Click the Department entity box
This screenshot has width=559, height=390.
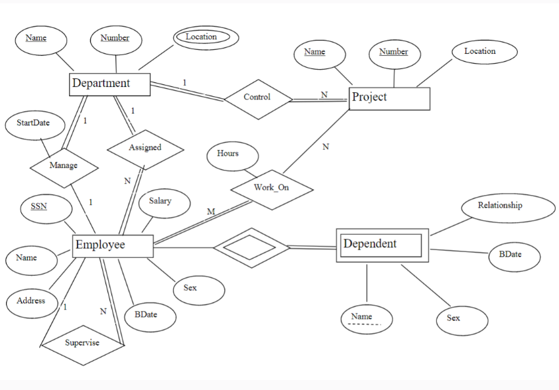pos(110,84)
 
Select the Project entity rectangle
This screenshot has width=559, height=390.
pos(389,98)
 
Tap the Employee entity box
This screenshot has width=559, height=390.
pos(112,245)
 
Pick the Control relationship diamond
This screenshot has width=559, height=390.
pos(257,97)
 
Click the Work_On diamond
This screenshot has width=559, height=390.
pos(272,188)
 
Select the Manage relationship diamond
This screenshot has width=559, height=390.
pos(64,166)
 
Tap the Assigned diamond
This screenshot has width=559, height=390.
pos(145,148)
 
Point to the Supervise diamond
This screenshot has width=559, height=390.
pos(82,343)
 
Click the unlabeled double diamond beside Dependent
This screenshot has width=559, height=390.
pos(251,248)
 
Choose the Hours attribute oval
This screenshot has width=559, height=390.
pos(228,154)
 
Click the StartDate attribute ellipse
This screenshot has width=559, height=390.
pos(33,123)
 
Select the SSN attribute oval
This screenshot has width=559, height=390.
pos(39,207)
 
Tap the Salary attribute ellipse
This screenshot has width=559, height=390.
pos(160,202)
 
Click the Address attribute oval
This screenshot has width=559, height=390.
pos(31,301)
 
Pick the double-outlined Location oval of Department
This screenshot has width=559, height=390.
pos(202,37)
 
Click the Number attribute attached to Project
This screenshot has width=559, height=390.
pos(394,52)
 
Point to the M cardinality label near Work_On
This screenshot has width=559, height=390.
pos(211,212)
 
